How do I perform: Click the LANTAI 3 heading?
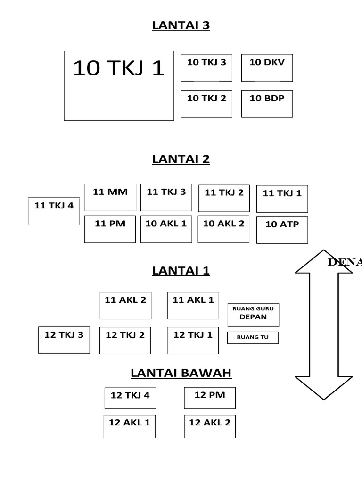click(181, 25)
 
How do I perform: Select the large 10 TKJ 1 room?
click(119, 86)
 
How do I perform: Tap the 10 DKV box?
click(267, 67)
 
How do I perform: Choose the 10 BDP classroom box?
click(267, 104)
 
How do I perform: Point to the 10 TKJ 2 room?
click(206, 104)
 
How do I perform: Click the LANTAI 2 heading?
click(181, 159)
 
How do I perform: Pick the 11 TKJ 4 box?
click(54, 211)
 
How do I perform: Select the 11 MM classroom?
click(110, 197)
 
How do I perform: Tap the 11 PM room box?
click(110, 229)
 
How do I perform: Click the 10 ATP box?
click(282, 230)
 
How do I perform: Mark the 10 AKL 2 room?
click(223, 229)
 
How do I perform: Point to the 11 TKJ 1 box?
click(282, 199)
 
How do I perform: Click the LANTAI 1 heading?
click(181, 271)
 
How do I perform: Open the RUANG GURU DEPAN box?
click(253, 315)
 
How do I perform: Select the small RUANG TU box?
click(253, 338)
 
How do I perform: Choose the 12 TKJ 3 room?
click(64, 340)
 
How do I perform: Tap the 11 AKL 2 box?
click(125, 305)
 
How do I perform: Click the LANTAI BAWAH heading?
click(181, 373)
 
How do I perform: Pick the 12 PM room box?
click(210, 398)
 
